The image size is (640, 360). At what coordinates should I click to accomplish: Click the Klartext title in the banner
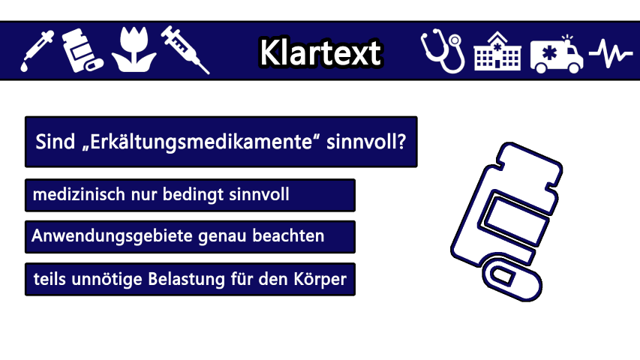[320, 52]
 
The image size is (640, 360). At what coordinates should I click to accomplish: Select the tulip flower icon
[134, 49]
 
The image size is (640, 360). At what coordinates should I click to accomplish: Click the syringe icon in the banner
[185, 49]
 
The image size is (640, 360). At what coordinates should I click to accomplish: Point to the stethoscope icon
[443, 51]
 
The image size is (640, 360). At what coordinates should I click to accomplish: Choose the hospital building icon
[497, 51]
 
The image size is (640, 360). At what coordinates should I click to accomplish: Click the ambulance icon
[556, 55]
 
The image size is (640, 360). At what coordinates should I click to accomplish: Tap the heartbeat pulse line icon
[611, 53]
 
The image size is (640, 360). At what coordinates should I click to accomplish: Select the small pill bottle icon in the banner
[82, 50]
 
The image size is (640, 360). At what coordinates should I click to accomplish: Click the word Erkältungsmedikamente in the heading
[200, 142]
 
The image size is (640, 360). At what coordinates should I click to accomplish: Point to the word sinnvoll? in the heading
[366, 142]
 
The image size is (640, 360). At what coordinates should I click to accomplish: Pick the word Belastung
[186, 280]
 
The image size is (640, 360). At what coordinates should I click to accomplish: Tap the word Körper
[320, 280]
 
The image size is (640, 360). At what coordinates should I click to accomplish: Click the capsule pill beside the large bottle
[512, 277]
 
